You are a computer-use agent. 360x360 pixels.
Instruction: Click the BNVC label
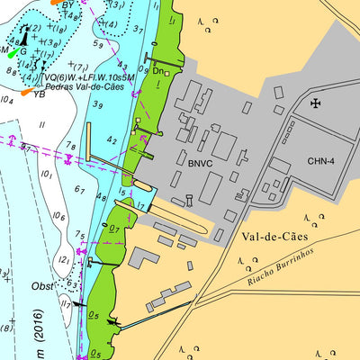(201, 164)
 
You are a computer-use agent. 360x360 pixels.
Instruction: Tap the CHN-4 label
(320, 162)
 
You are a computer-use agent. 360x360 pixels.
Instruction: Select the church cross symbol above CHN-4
(315, 103)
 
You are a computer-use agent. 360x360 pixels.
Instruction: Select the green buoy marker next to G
(10, 52)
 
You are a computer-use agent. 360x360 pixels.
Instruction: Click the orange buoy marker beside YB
(27, 91)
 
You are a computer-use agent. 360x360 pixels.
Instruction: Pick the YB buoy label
(40, 94)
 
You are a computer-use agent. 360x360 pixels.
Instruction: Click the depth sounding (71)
(79, 67)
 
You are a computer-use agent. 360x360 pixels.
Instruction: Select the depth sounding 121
(64, 259)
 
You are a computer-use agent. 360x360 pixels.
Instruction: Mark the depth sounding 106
(59, 216)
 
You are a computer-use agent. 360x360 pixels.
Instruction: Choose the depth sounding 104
(7, 100)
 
